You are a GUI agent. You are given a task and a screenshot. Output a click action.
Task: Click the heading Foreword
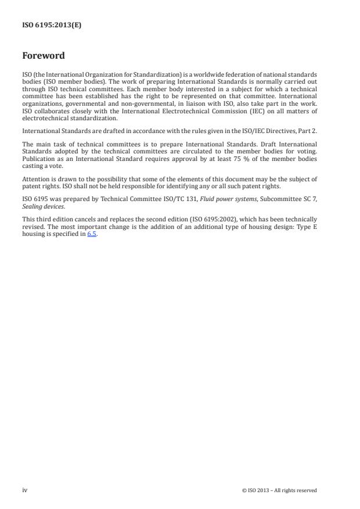coord(43,56)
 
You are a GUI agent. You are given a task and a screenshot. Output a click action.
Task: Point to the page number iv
coord(25,490)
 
